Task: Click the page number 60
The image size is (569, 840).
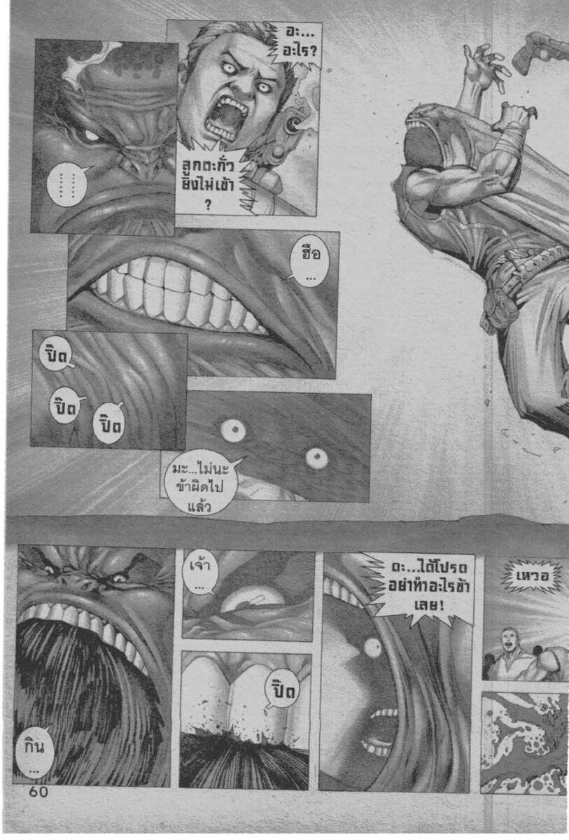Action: (x=38, y=792)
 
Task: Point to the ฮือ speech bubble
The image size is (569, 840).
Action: (x=309, y=261)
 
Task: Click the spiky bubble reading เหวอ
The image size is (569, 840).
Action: (x=531, y=576)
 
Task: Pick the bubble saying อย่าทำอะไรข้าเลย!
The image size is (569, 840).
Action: (x=428, y=589)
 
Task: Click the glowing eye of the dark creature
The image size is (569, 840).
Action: (x=90, y=134)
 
